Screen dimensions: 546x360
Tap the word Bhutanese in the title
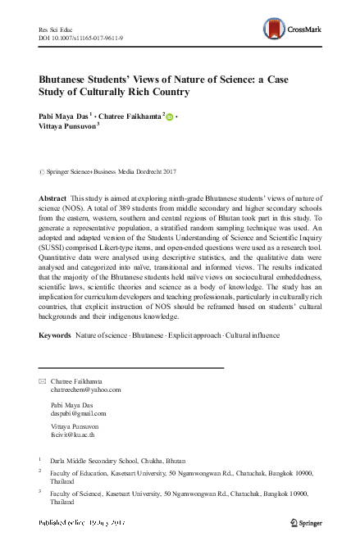point(73,79)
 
